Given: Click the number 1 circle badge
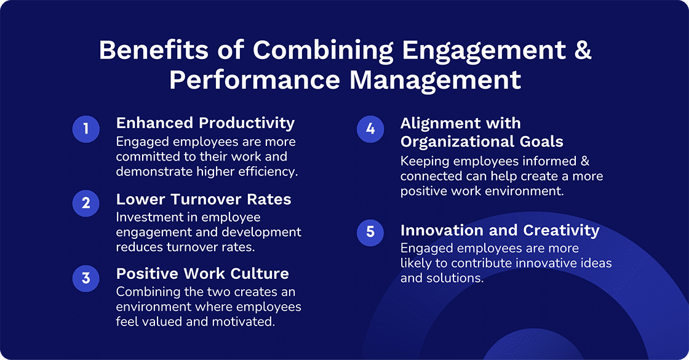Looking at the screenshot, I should coord(86,129).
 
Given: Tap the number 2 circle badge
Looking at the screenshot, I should coord(86,203).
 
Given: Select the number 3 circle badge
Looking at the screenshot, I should coord(86,278).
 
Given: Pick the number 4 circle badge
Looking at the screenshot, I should coord(370,129).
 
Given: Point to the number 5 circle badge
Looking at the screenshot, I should coord(370,231).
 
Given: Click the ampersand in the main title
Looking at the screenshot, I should coord(582,50).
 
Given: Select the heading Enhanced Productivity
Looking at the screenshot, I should coord(205,122).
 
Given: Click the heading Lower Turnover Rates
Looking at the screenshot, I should coord(204,199).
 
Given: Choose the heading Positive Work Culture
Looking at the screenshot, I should coord(202,273).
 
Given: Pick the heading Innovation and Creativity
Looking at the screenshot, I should coord(500,230).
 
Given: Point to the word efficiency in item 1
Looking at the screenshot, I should coord(268,171).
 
